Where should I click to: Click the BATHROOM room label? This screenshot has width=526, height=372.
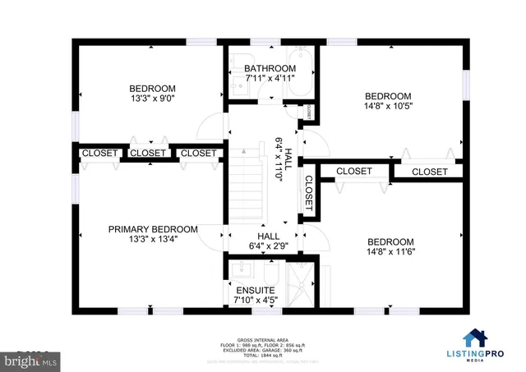pos(270,68)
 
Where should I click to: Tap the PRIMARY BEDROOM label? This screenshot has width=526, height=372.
pos(153,229)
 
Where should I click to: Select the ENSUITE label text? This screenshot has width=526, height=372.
pos(256,290)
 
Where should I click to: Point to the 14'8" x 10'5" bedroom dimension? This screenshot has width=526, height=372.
pos(388,106)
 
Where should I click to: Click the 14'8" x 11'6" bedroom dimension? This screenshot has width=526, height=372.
pos(390,252)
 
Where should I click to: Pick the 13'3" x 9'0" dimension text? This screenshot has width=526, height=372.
pos(152,99)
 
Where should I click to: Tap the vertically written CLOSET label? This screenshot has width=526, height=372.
pos(309,195)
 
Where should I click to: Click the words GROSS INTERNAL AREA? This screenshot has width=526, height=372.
pos(262,339)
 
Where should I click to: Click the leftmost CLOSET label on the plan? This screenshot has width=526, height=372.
pos(99,153)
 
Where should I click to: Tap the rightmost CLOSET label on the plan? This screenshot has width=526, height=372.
pos(429,172)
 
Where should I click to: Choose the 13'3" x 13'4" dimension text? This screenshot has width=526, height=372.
pos(153,240)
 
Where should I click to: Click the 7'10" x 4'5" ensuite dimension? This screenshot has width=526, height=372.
pos(256,301)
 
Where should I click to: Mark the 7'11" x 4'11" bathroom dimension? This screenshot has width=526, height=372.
pos(270,79)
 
